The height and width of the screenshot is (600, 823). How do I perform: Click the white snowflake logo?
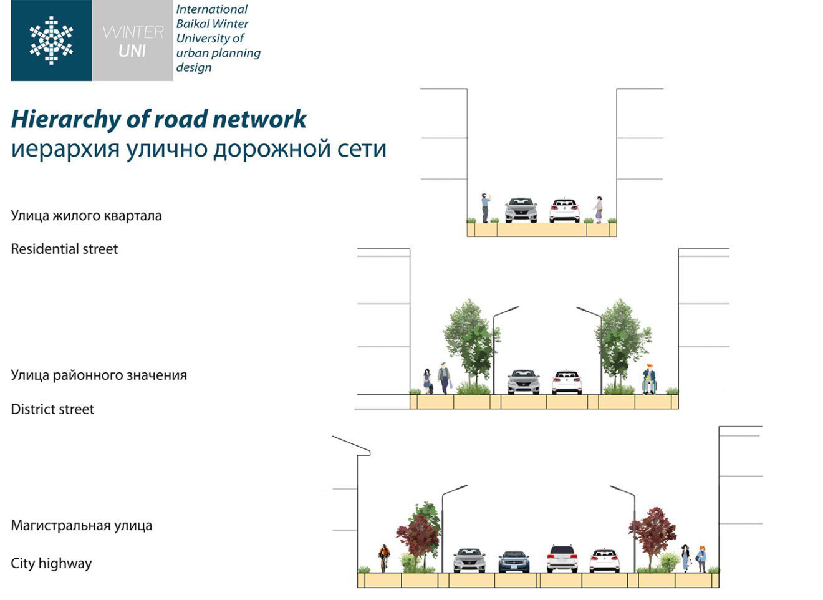51,41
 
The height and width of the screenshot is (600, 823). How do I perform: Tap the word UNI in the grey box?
132,52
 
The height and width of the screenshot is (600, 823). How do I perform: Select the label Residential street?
64,249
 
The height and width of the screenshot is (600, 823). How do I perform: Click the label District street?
52,409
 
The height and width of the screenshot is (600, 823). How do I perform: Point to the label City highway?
51,564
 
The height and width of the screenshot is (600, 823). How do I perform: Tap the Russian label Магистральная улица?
81,525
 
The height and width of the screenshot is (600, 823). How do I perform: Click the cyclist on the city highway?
383,557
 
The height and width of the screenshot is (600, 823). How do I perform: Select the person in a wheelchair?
649,380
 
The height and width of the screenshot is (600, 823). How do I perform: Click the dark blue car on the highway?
514,561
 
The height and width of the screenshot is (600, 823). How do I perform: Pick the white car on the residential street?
564,210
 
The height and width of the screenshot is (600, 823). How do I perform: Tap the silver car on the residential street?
521,210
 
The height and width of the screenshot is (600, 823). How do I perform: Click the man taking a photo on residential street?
485,208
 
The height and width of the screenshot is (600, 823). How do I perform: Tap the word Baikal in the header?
194,24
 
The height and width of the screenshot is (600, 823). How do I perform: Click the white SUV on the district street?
567,382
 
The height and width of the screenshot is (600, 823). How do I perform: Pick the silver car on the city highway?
469,559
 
